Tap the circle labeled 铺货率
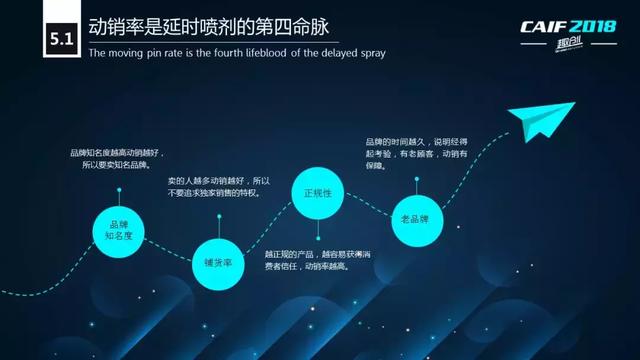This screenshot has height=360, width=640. (219, 262)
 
